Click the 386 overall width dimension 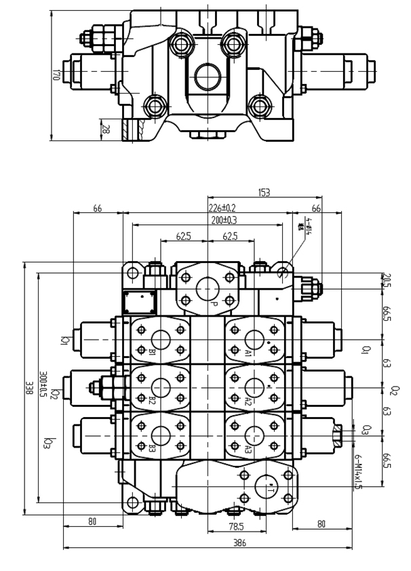[239, 543]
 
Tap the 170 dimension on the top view [56, 74]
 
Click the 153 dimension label [264, 193]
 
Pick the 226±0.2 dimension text [222, 208]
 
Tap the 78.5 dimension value [234, 526]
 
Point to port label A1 [249, 353]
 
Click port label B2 [152, 401]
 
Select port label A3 [249, 449]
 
